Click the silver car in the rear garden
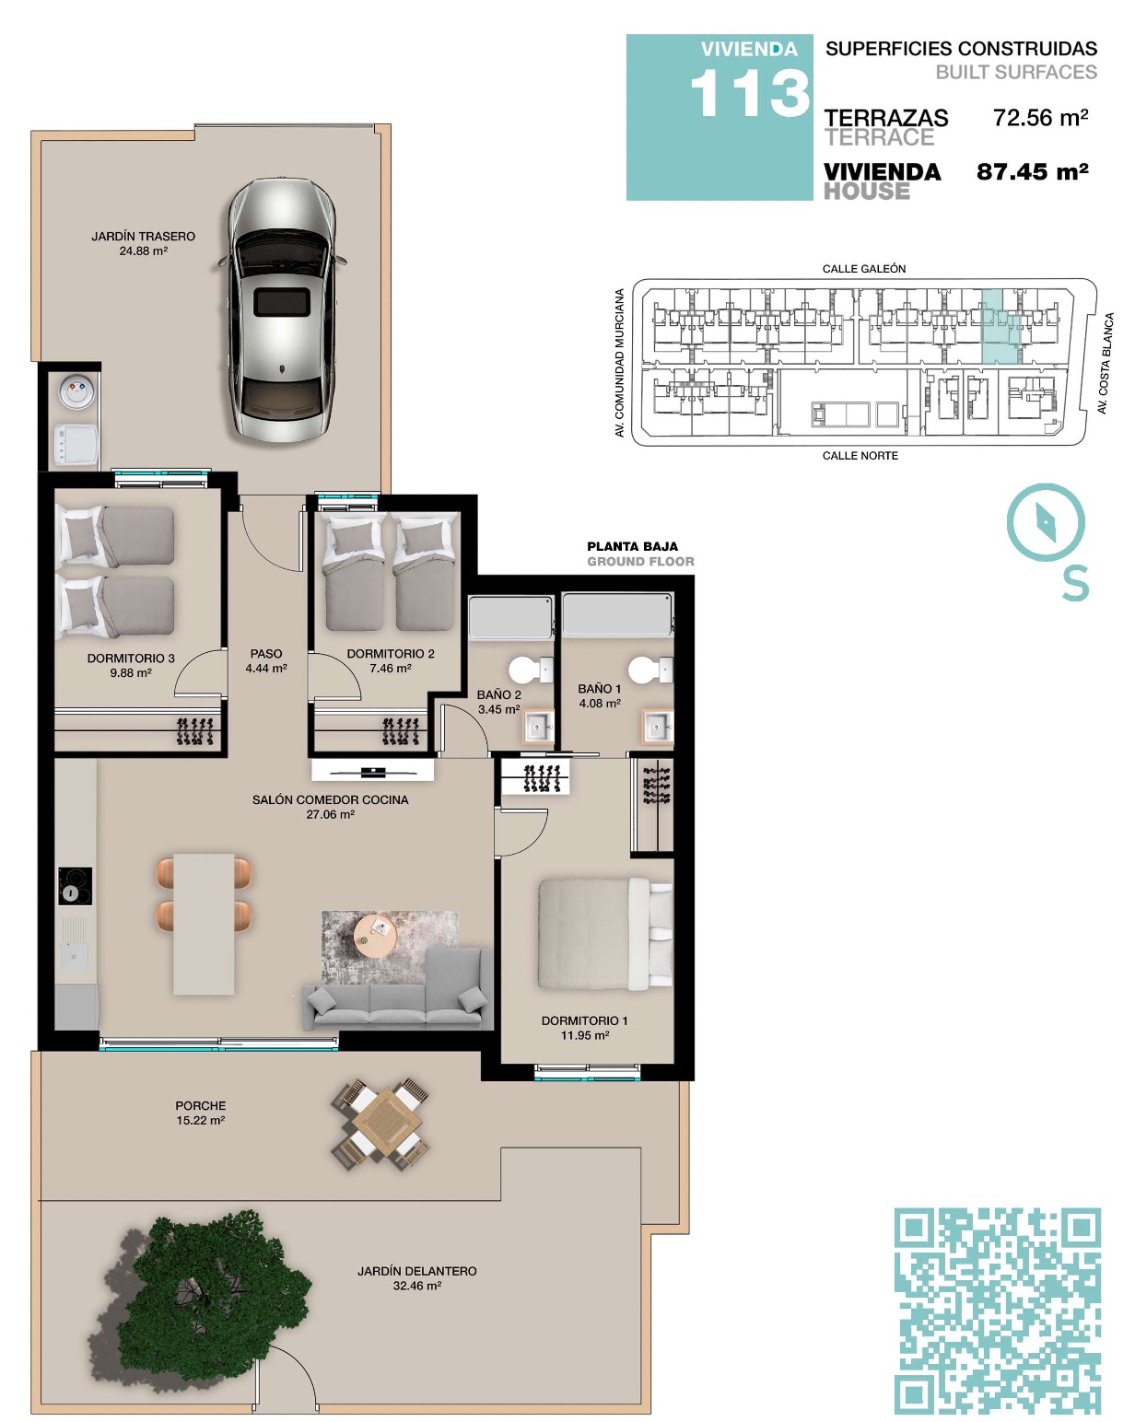(282, 309)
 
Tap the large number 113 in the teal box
(750, 94)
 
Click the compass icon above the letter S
(1045, 523)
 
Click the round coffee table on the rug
(375, 935)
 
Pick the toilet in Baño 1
(650, 670)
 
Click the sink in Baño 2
(537, 727)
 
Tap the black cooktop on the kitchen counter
(75, 886)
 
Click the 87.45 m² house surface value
(1032, 172)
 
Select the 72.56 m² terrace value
(1040, 118)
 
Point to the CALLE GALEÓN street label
(864, 268)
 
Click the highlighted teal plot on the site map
(1000, 327)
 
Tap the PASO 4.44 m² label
(265, 660)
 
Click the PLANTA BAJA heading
(633, 546)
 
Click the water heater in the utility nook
(77, 391)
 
